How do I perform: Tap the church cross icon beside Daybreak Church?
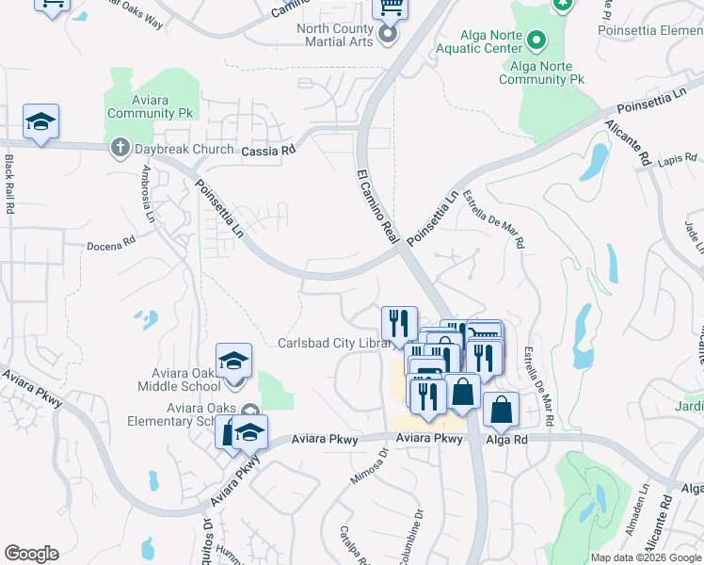(120, 148)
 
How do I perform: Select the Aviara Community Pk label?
(150, 106)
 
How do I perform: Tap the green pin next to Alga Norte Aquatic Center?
(535, 40)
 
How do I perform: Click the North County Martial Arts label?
(335, 35)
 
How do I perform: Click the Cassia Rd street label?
(268, 150)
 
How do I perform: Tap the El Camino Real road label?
(377, 206)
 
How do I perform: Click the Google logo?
(31, 554)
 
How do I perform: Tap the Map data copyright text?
(646, 557)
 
